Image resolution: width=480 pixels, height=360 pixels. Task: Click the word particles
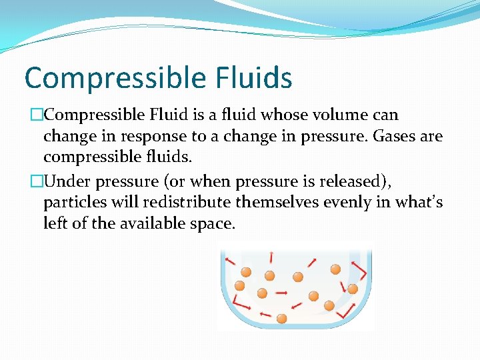tap(69, 202)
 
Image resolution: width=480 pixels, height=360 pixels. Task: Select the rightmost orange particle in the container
tap(353, 289)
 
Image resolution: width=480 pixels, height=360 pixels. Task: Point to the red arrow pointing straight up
tap(271, 257)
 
